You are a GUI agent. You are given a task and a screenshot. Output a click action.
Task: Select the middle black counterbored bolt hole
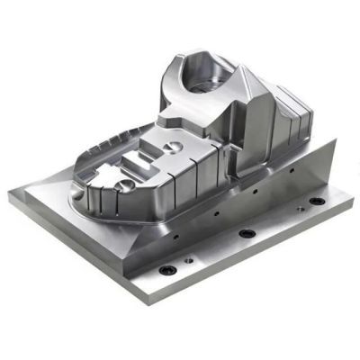click(x=245, y=233)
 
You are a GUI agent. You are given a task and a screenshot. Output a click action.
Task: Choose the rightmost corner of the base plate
click(x=351, y=196)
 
